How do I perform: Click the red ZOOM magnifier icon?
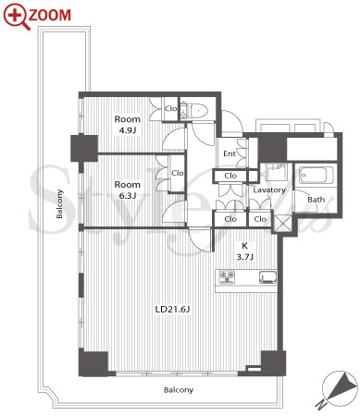(x=17, y=17)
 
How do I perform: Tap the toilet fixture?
(x=196, y=110)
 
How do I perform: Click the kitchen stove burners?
(x=227, y=276)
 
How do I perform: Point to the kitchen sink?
(x=267, y=277)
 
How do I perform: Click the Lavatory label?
(x=269, y=190)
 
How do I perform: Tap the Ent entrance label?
(x=230, y=153)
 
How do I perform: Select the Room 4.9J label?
(x=127, y=125)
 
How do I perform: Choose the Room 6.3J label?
(x=127, y=190)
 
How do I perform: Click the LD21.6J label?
(x=172, y=309)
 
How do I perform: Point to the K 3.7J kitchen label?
(x=244, y=251)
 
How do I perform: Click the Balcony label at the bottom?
(x=179, y=390)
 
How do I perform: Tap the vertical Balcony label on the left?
(x=59, y=203)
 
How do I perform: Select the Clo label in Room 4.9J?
(x=170, y=108)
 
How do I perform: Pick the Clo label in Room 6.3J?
(x=178, y=173)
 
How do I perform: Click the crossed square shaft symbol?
(x=282, y=224)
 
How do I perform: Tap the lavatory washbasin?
(x=277, y=171)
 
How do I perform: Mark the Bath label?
(x=317, y=200)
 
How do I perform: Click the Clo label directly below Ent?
(x=230, y=176)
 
